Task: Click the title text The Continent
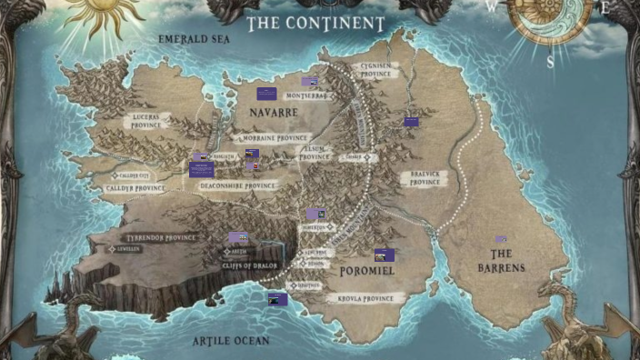[x=316, y=22]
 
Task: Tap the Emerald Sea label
[x=195, y=40]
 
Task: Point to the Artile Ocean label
[x=231, y=341]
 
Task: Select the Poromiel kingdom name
[x=365, y=271]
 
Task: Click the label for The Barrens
[x=501, y=261]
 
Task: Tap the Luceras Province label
[x=145, y=122]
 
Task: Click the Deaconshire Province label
[x=237, y=184]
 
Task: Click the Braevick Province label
[x=424, y=178]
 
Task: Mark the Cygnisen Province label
[x=375, y=70]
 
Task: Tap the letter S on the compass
[x=550, y=64]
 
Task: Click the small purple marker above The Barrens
[x=501, y=239]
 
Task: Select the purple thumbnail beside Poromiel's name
[x=384, y=255]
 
